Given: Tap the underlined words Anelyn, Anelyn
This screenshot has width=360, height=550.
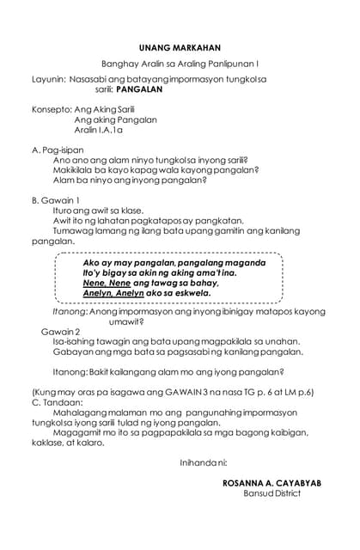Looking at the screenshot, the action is click(112, 293).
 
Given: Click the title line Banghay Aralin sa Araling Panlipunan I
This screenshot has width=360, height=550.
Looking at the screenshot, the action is click(180, 64).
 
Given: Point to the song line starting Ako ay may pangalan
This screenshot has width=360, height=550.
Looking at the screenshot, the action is click(161, 262).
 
